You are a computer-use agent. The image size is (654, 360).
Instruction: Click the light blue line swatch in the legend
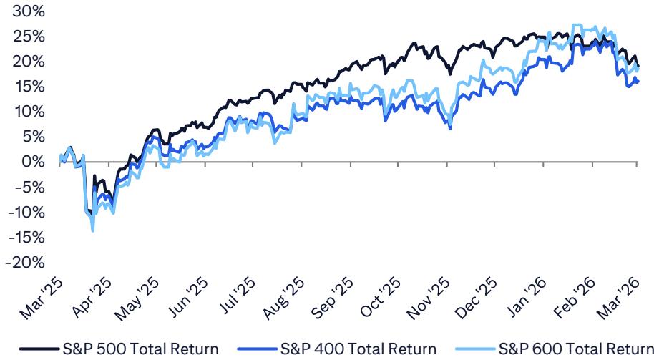tap(473, 349)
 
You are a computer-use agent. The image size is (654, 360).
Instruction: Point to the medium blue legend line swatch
tap(256, 349)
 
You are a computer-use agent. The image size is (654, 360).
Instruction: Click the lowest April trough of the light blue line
tap(93, 230)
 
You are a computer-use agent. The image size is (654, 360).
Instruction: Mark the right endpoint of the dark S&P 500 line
tap(638, 67)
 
